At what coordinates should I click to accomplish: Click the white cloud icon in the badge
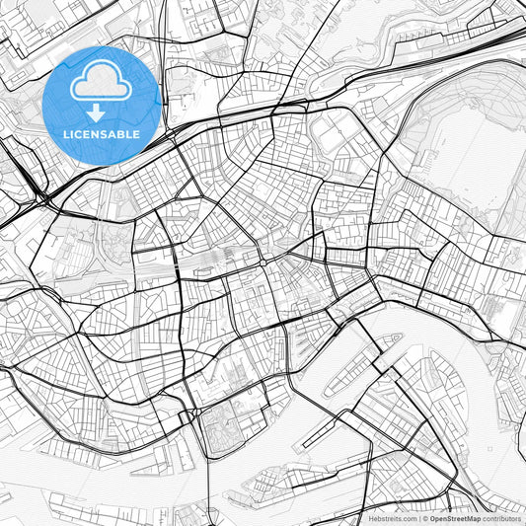click(x=101, y=81)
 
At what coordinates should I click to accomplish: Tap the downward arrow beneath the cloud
click(x=96, y=113)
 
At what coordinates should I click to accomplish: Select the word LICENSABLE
click(x=101, y=134)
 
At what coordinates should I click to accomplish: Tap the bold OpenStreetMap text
click(x=455, y=518)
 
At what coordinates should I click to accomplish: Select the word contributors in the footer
click(x=501, y=518)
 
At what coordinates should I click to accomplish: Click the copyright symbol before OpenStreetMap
click(x=424, y=518)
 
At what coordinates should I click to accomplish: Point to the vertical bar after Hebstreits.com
click(x=418, y=518)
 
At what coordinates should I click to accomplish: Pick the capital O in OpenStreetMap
click(x=432, y=518)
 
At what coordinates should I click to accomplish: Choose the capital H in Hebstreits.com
click(x=371, y=518)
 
